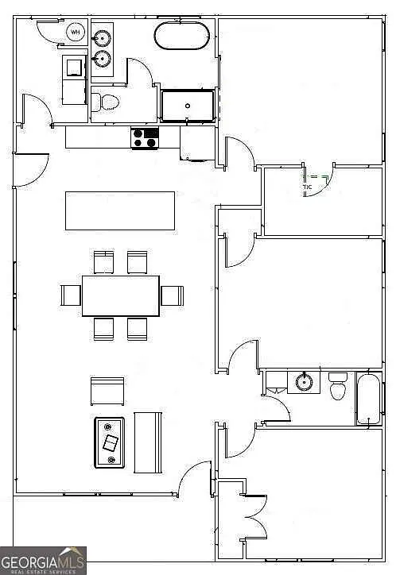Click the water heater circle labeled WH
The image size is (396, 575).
click(76, 33)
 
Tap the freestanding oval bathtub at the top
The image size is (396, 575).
click(182, 37)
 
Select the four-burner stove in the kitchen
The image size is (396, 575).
click(145, 138)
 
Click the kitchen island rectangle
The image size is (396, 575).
click(120, 210)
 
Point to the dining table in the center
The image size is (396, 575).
click(120, 295)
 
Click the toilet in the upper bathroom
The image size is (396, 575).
click(105, 102)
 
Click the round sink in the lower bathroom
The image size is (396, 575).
click(304, 382)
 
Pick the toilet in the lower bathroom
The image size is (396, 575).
click(338, 387)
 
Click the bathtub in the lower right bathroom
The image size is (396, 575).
click(369, 399)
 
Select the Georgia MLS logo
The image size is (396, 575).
click(43, 560)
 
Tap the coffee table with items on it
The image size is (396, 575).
click(110, 442)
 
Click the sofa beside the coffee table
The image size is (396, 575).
click(148, 441)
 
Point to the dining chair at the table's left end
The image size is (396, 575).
click(71, 295)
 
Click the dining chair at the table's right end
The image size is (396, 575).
click(172, 295)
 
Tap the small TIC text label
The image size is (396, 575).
click(307, 187)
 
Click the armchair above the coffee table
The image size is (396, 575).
click(107, 391)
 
